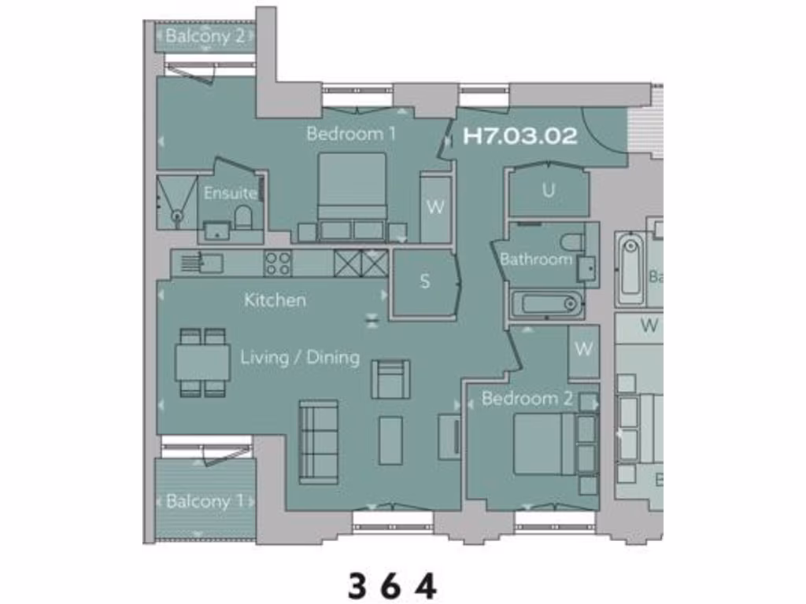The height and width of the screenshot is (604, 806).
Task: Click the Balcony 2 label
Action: click(x=205, y=36)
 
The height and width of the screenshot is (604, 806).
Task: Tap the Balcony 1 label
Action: click(x=205, y=501)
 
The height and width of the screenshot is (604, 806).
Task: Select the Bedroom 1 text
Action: click(x=351, y=134)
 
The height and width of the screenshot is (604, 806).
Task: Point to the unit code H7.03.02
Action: click(x=520, y=136)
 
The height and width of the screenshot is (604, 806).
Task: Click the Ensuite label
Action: click(x=231, y=193)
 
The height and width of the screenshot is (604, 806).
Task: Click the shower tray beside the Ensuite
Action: click(x=176, y=201)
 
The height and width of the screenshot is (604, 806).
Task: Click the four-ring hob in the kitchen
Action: click(x=277, y=263)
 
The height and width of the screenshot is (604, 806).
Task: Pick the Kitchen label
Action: click(x=275, y=300)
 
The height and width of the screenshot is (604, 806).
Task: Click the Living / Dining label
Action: click(x=299, y=358)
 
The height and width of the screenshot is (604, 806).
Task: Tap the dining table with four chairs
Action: click(x=203, y=363)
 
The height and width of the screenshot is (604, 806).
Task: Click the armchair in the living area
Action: click(x=391, y=378)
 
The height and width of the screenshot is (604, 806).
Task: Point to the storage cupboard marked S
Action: click(x=425, y=282)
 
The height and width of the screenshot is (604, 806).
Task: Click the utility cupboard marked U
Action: click(x=549, y=191)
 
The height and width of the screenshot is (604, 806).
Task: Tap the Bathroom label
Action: click(x=536, y=259)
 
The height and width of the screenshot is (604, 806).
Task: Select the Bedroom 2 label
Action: click(x=527, y=399)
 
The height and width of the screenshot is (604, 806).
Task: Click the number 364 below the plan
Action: click(x=392, y=586)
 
